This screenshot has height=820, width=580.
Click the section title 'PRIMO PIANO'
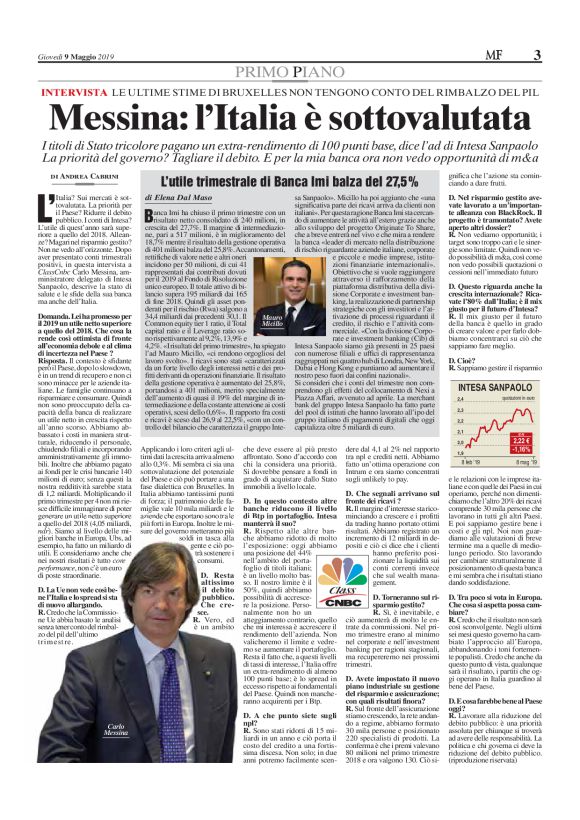coord(289,46)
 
